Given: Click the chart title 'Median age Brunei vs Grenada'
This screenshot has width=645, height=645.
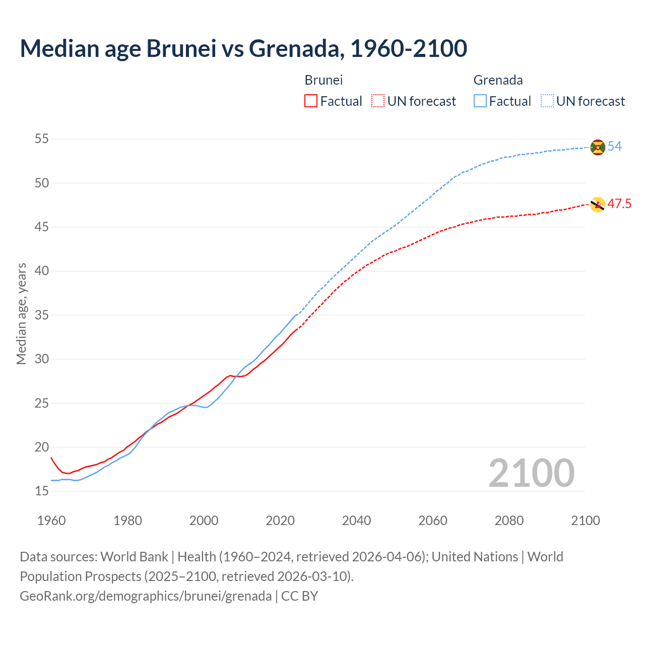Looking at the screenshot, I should [243, 48].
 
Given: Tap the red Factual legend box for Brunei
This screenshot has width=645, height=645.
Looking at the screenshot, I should [311, 101].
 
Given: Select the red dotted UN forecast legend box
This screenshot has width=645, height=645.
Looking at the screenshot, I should [378, 101].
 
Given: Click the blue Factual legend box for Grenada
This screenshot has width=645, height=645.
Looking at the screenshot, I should [480, 101].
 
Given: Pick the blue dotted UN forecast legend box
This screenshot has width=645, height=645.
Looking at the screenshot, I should [547, 101].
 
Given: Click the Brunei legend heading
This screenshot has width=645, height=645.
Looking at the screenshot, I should [324, 80].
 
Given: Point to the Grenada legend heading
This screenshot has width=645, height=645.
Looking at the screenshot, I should [498, 80].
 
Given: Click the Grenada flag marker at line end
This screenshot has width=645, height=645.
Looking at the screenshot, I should [598, 147].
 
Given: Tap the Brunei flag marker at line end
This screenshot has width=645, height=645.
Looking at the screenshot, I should [598, 205].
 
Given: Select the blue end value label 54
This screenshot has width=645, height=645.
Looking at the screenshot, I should [615, 147].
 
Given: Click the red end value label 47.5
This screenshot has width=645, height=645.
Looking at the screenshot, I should [619, 204].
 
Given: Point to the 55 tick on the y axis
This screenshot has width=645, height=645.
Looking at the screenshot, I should [42, 139].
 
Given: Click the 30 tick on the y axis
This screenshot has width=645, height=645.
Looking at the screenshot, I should [42, 359].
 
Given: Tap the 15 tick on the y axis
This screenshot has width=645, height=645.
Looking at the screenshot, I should [42, 491].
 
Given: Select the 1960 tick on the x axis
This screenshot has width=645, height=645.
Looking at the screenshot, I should [51, 521].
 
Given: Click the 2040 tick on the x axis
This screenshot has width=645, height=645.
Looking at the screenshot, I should [356, 521].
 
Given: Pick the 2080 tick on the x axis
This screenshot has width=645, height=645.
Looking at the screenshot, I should [509, 521].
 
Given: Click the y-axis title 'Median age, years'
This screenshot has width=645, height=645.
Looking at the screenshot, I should [21, 313].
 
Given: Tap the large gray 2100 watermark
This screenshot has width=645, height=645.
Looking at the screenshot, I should [532, 473].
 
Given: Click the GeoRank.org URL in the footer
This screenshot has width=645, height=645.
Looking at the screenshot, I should [146, 596].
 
